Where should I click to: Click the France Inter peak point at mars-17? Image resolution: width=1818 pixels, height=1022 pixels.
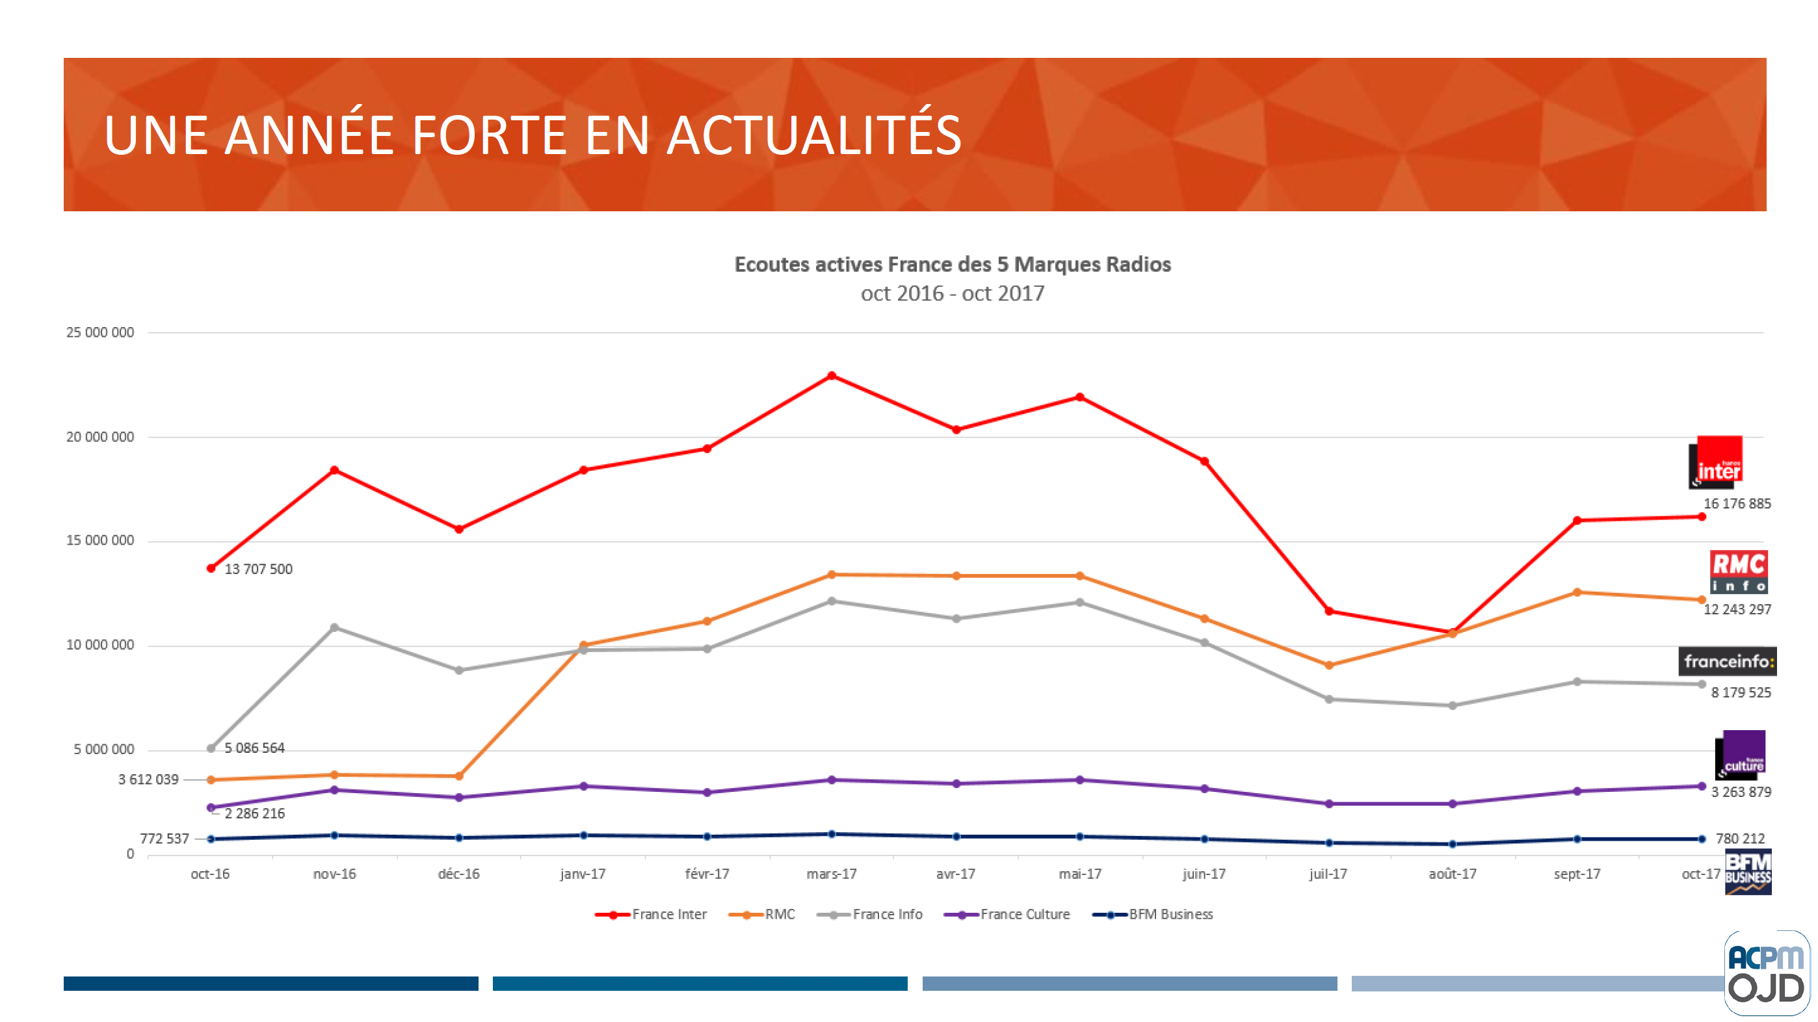coord(832,376)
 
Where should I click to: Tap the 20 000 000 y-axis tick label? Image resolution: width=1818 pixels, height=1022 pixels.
coord(99,437)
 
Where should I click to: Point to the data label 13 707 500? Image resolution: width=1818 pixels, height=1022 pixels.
coord(258,569)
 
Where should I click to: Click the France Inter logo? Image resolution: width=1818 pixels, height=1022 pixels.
coord(1717,462)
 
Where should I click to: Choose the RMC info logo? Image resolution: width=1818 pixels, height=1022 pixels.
coord(1738,571)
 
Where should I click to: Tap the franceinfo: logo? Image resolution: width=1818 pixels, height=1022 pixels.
coord(1727,661)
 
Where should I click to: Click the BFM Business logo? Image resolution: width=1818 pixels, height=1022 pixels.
coord(1747,872)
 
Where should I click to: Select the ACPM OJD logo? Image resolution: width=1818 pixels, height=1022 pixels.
coord(1766,973)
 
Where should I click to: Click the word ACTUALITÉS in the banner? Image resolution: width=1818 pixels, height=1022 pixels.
coord(813,135)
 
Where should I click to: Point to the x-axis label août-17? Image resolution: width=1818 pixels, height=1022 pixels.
coord(1453,874)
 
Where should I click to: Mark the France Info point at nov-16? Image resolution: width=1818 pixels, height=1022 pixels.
coord(334,627)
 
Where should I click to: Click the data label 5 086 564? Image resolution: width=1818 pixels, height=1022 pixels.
coord(254,748)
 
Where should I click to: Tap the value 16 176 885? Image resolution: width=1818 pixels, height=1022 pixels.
coord(1737,504)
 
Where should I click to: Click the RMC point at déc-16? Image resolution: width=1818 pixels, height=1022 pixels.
coord(459,776)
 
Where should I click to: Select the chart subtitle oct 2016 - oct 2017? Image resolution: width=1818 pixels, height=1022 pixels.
coord(952,294)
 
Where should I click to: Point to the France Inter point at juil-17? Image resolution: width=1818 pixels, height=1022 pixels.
coord(1328,611)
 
